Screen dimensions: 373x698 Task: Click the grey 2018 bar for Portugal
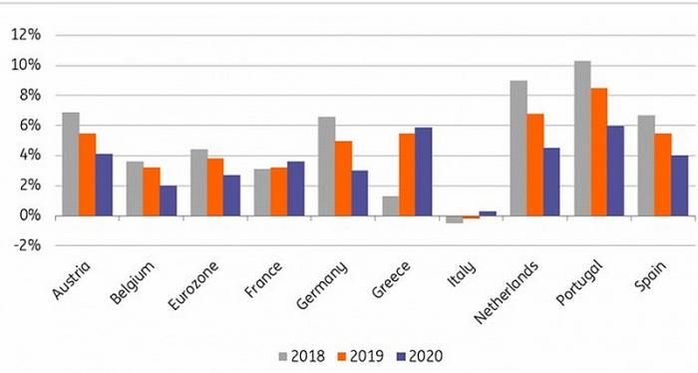point(582,139)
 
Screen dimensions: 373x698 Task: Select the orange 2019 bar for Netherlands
point(534,165)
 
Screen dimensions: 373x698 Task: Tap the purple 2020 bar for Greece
point(423,172)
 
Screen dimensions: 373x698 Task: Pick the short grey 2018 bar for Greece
point(391,205)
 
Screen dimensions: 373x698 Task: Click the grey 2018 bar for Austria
point(71,165)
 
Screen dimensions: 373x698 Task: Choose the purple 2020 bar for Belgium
point(168,200)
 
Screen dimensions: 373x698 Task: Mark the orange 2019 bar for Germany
point(343,179)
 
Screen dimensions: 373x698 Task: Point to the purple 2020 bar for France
point(295,188)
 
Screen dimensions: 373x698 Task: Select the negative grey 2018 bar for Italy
point(455,219)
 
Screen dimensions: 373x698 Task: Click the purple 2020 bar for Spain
point(679,186)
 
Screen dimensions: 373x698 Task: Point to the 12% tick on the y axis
point(24,35)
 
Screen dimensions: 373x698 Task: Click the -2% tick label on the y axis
point(24,246)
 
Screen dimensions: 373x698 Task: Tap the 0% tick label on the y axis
point(28,215)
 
